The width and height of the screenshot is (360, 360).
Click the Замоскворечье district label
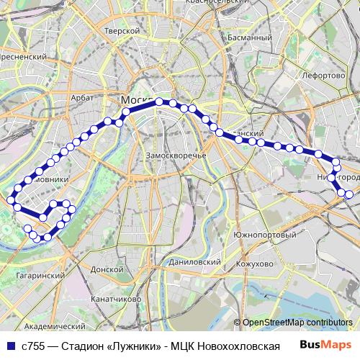(176, 155)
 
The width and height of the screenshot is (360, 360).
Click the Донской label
(109, 268)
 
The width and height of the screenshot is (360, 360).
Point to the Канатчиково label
(115, 297)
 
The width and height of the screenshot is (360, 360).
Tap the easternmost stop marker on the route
(349, 194)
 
